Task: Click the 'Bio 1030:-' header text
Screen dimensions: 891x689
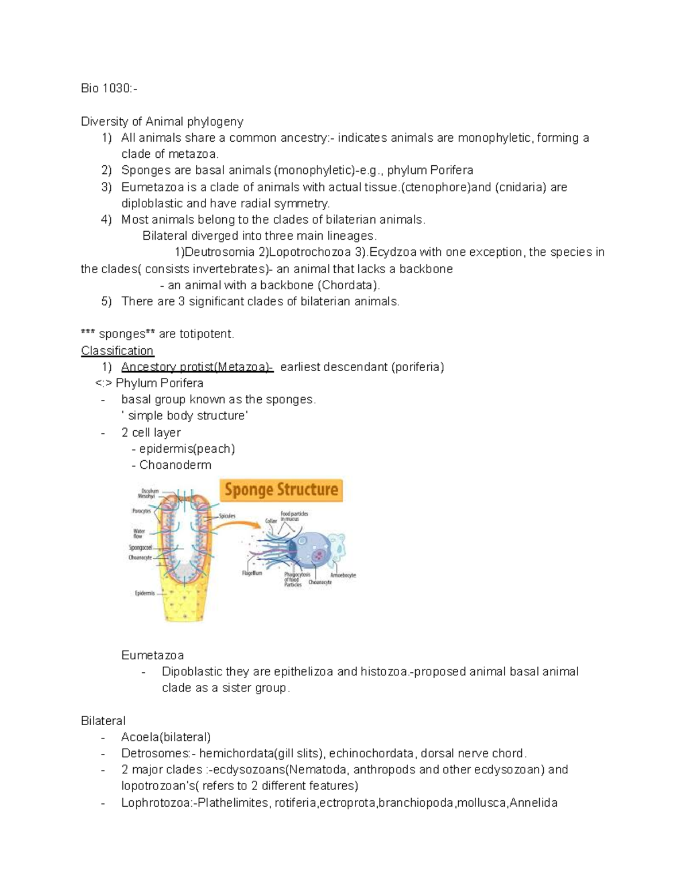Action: pos(109,88)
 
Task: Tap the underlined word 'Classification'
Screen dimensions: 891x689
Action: pos(117,351)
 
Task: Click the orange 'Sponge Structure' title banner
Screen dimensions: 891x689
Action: pos(281,490)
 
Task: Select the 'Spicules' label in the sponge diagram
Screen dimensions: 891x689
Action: pos(227,516)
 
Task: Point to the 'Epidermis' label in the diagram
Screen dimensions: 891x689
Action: pos(145,593)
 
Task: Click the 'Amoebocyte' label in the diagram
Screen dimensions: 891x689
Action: pos(343,575)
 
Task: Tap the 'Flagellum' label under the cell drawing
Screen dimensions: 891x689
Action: pos(251,573)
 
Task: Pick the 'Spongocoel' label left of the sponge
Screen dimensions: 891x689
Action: pos(140,548)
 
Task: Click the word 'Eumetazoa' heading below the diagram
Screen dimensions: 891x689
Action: pos(152,655)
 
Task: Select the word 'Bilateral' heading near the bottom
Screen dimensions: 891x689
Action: pos(103,721)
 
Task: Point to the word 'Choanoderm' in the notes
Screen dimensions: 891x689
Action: pos(175,465)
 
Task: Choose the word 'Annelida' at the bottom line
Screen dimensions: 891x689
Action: pos(533,803)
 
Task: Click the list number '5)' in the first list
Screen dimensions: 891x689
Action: pos(106,301)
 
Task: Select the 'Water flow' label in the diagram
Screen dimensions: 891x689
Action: pos(139,534)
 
